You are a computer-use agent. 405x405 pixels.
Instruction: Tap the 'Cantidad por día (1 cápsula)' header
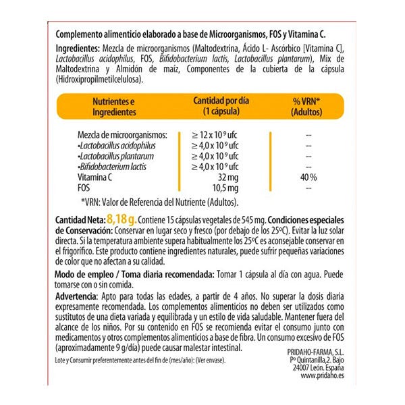221,105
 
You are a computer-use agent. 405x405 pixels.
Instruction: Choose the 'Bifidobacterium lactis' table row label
112,166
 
